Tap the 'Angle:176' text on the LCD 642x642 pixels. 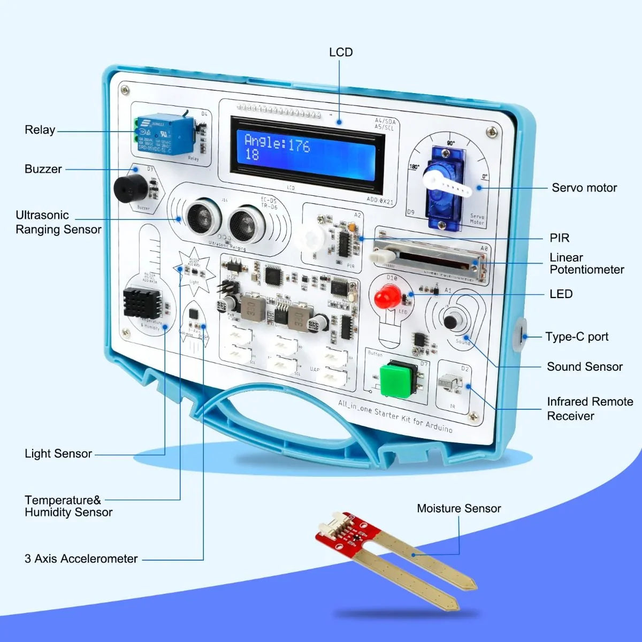[x=277, y=143]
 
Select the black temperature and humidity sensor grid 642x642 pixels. [x=142, y=302]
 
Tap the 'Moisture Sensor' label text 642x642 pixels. [x=458, y=508]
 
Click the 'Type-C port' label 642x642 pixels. [x=577, y=337]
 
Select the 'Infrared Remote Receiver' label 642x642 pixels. [x=590, y=409]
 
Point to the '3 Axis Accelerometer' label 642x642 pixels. [x=81, y=559]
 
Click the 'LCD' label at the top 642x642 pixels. [x=341, y=52]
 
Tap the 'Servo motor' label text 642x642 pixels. [x=584, y=188]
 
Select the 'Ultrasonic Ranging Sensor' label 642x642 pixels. [x=58, y=222]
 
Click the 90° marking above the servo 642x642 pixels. [x=450, y=143]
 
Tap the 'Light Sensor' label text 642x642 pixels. [x=58, y=454]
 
